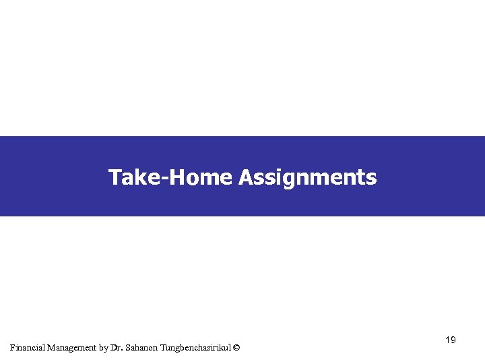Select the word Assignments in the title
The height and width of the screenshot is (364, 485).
(x=307, y=178)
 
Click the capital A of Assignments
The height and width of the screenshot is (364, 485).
(x=245, y=177)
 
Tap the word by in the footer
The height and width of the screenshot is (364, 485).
(x=104, y=348)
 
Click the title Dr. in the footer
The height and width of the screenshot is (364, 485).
(x=118, y=348)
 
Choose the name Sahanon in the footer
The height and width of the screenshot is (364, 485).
(x=141, y=348)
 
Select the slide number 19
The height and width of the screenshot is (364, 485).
(x=451, y=340)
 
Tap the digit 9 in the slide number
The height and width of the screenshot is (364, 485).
(x=453, y=340)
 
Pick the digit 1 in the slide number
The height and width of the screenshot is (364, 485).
(x=448, y=340)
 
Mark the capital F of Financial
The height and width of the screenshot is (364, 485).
(x=13, y=348)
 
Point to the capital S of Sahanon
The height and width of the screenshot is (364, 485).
(x=128, y=348)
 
